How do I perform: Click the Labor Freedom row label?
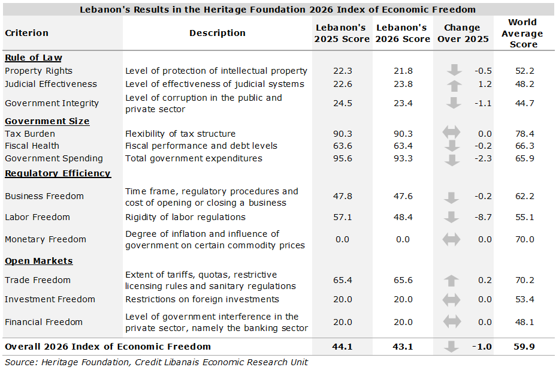(37, 217)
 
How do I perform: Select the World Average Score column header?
(522, 33)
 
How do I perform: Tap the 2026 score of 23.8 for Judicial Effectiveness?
(403, 84)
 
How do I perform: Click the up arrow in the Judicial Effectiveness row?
(454, 85)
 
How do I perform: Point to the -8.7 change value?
(482, 217)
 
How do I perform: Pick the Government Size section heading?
(47, 121)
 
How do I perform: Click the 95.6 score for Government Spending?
(342, 158)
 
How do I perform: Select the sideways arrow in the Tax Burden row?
(452, 134)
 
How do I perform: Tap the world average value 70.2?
(524, 280)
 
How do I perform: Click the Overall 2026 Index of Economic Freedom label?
(108, 347)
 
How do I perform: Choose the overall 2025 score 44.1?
(342, 347)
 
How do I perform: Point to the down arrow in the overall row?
(454, 347)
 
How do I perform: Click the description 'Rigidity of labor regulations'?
(185, 217)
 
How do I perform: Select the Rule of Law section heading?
(33, 58)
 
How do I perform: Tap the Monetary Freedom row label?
(46, 239)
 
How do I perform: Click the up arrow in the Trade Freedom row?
(452, 280)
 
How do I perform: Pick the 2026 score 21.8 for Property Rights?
(403, 71)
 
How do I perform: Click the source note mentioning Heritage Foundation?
(156, 362)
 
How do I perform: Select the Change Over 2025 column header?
(462, 33)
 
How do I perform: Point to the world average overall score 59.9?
(524, 347)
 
